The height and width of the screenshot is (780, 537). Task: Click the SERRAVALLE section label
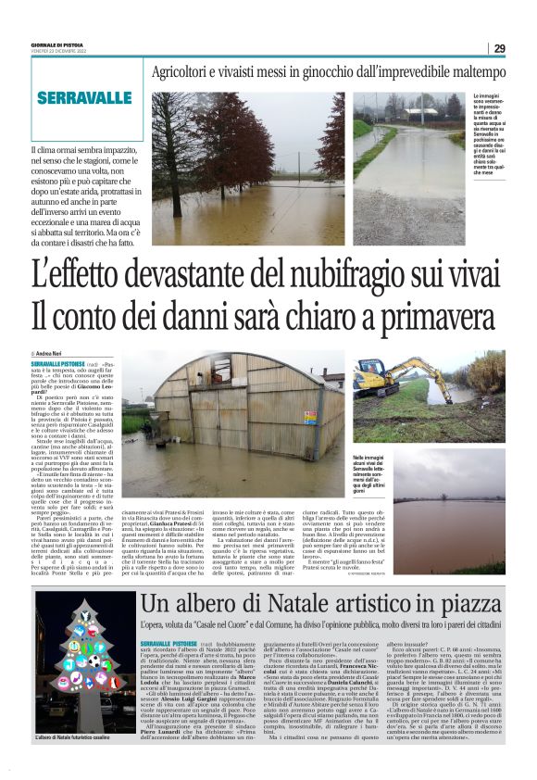[84, 98]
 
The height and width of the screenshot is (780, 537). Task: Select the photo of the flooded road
[412, 153]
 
